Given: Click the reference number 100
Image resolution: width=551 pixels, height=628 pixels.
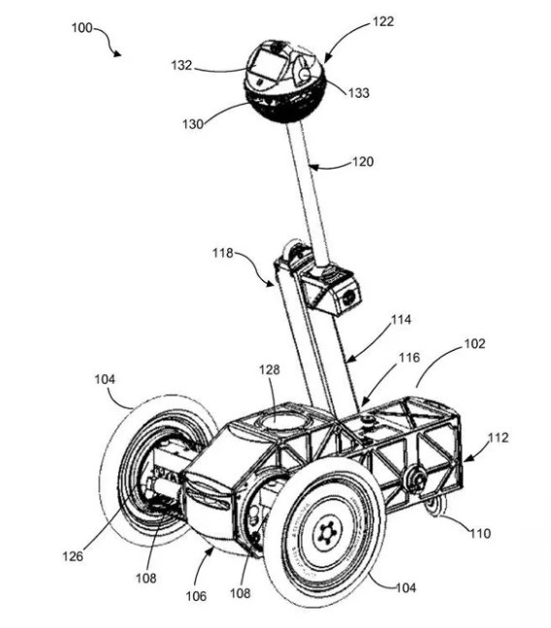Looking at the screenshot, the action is coord(81,28).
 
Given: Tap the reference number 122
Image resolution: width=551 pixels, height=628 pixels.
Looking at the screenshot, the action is coord(383,21).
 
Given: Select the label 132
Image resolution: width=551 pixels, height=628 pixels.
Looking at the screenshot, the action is coord(181,65).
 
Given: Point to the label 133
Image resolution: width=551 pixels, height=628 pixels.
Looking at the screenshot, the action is coord(359,92).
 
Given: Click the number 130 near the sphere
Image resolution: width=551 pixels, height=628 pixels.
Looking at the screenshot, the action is coord(193,124).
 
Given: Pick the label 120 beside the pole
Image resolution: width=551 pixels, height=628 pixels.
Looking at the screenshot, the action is coord(363,162).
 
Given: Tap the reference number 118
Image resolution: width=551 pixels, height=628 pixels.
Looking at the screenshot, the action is coord(222,253).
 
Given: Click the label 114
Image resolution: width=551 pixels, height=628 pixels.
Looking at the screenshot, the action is coord(401,320).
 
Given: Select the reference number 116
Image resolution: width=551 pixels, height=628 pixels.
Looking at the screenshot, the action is coord(409,358).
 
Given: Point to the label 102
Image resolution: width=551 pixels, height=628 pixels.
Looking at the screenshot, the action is coord(474,344).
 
